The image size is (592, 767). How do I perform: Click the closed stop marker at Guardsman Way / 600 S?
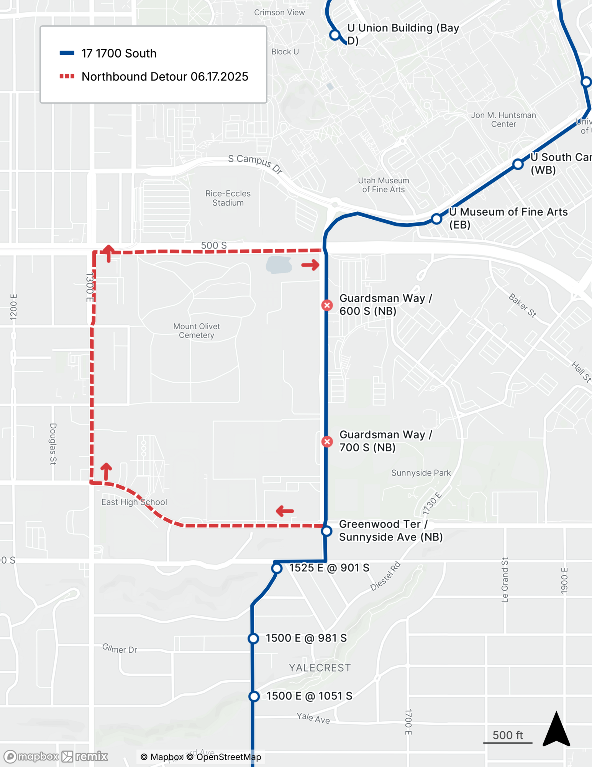point(327,305)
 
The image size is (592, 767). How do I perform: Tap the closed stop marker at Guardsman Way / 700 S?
point(327,441)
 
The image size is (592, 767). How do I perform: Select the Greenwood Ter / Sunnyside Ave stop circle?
point(326,531)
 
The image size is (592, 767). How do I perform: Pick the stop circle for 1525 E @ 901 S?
point(277,568)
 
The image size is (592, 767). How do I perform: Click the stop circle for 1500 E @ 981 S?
point(253,639)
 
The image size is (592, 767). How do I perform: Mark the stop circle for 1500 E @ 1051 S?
point(254,696)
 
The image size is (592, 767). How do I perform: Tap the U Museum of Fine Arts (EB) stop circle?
point(436,219)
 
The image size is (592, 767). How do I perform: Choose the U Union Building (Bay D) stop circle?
point(335,35)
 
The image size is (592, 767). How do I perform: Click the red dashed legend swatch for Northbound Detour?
point(67,76)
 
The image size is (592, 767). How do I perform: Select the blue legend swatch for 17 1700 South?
point(67,53)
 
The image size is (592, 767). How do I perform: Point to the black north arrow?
point(556,730)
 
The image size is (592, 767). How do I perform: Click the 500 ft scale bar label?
point(508,735)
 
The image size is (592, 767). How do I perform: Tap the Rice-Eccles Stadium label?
point(228,198)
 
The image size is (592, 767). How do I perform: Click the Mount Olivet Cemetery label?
point(197,331)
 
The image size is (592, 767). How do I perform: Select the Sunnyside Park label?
point(421,473)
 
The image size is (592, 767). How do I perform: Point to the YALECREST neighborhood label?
point(320,668)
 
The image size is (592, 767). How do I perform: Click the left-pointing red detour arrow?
point(285,511)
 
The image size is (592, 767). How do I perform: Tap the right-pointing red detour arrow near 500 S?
point(310,265)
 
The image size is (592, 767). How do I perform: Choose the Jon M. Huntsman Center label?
point(503,120)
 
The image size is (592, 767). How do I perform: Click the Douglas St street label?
point(53,444)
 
